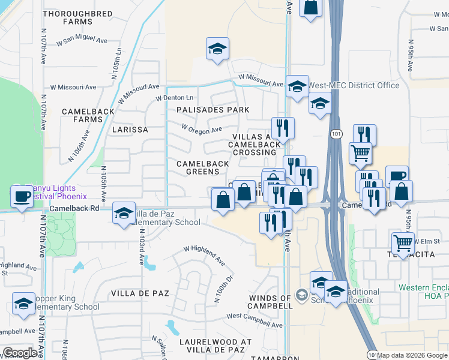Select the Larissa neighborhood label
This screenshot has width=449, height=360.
point(129,130)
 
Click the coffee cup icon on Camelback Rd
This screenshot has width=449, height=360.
point(23,196)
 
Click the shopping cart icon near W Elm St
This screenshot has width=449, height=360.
point(403,242)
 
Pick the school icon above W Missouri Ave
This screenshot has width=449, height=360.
point(217,49)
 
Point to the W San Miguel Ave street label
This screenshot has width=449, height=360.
point(82,43)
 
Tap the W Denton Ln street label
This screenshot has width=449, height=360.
point(175,98)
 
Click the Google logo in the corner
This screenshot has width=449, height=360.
point(20,353)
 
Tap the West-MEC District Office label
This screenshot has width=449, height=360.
point(354,85)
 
